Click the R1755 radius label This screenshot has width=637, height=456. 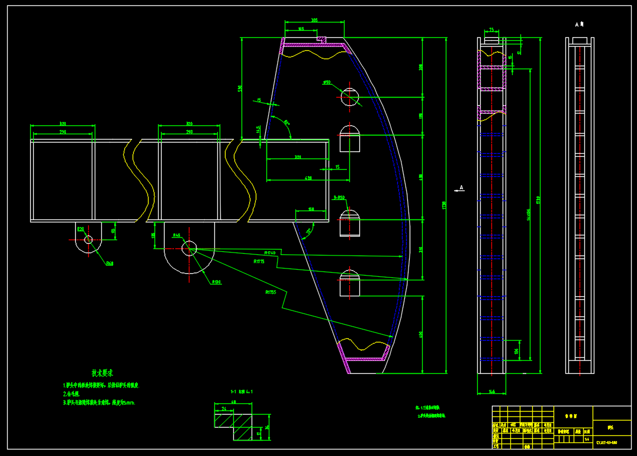coord(271,292)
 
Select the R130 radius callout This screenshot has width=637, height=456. coord(217,282)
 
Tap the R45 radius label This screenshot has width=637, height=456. coord(176,235)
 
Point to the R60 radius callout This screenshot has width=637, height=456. coord(110,263)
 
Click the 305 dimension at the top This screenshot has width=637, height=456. coord(314,21)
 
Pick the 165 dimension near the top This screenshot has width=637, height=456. coord(301,28)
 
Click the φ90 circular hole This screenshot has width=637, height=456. coord(350,97)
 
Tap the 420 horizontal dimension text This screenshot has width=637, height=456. coord(308,177)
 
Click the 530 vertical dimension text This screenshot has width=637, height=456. coord(240,88)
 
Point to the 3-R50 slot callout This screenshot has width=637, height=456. coord(339,198)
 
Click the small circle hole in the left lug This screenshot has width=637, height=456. coord(88,240)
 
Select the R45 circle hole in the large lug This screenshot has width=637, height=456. coord(189,248)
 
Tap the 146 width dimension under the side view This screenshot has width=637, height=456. coord(491,392)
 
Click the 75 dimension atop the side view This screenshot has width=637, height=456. coord(491,29)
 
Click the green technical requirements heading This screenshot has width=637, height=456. coord(102,373)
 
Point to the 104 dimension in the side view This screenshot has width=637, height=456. coord(516,351)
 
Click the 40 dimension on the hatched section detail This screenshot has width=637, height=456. coord(233,402)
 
